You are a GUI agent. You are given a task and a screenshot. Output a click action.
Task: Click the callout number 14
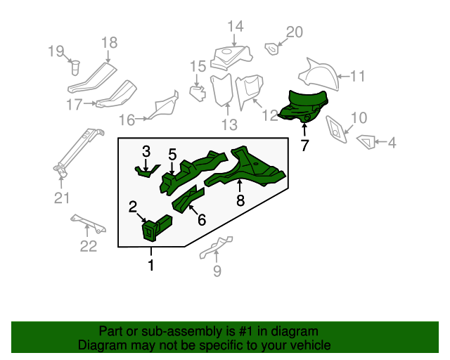coord(235,27)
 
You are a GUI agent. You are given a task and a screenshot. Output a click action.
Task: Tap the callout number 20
coord(294,32)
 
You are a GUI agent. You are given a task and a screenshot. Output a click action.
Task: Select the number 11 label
coord(358,77)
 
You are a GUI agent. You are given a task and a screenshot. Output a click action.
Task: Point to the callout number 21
coord(62,198)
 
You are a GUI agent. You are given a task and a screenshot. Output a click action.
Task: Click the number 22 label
coord(88,245)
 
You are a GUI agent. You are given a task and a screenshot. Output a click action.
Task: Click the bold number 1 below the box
coord(150,265)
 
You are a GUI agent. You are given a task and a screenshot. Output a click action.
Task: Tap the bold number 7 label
coord(304,146)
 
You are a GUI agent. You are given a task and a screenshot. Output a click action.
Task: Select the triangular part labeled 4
coord(365,141)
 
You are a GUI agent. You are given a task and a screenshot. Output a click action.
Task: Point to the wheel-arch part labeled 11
coord(319,74)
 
